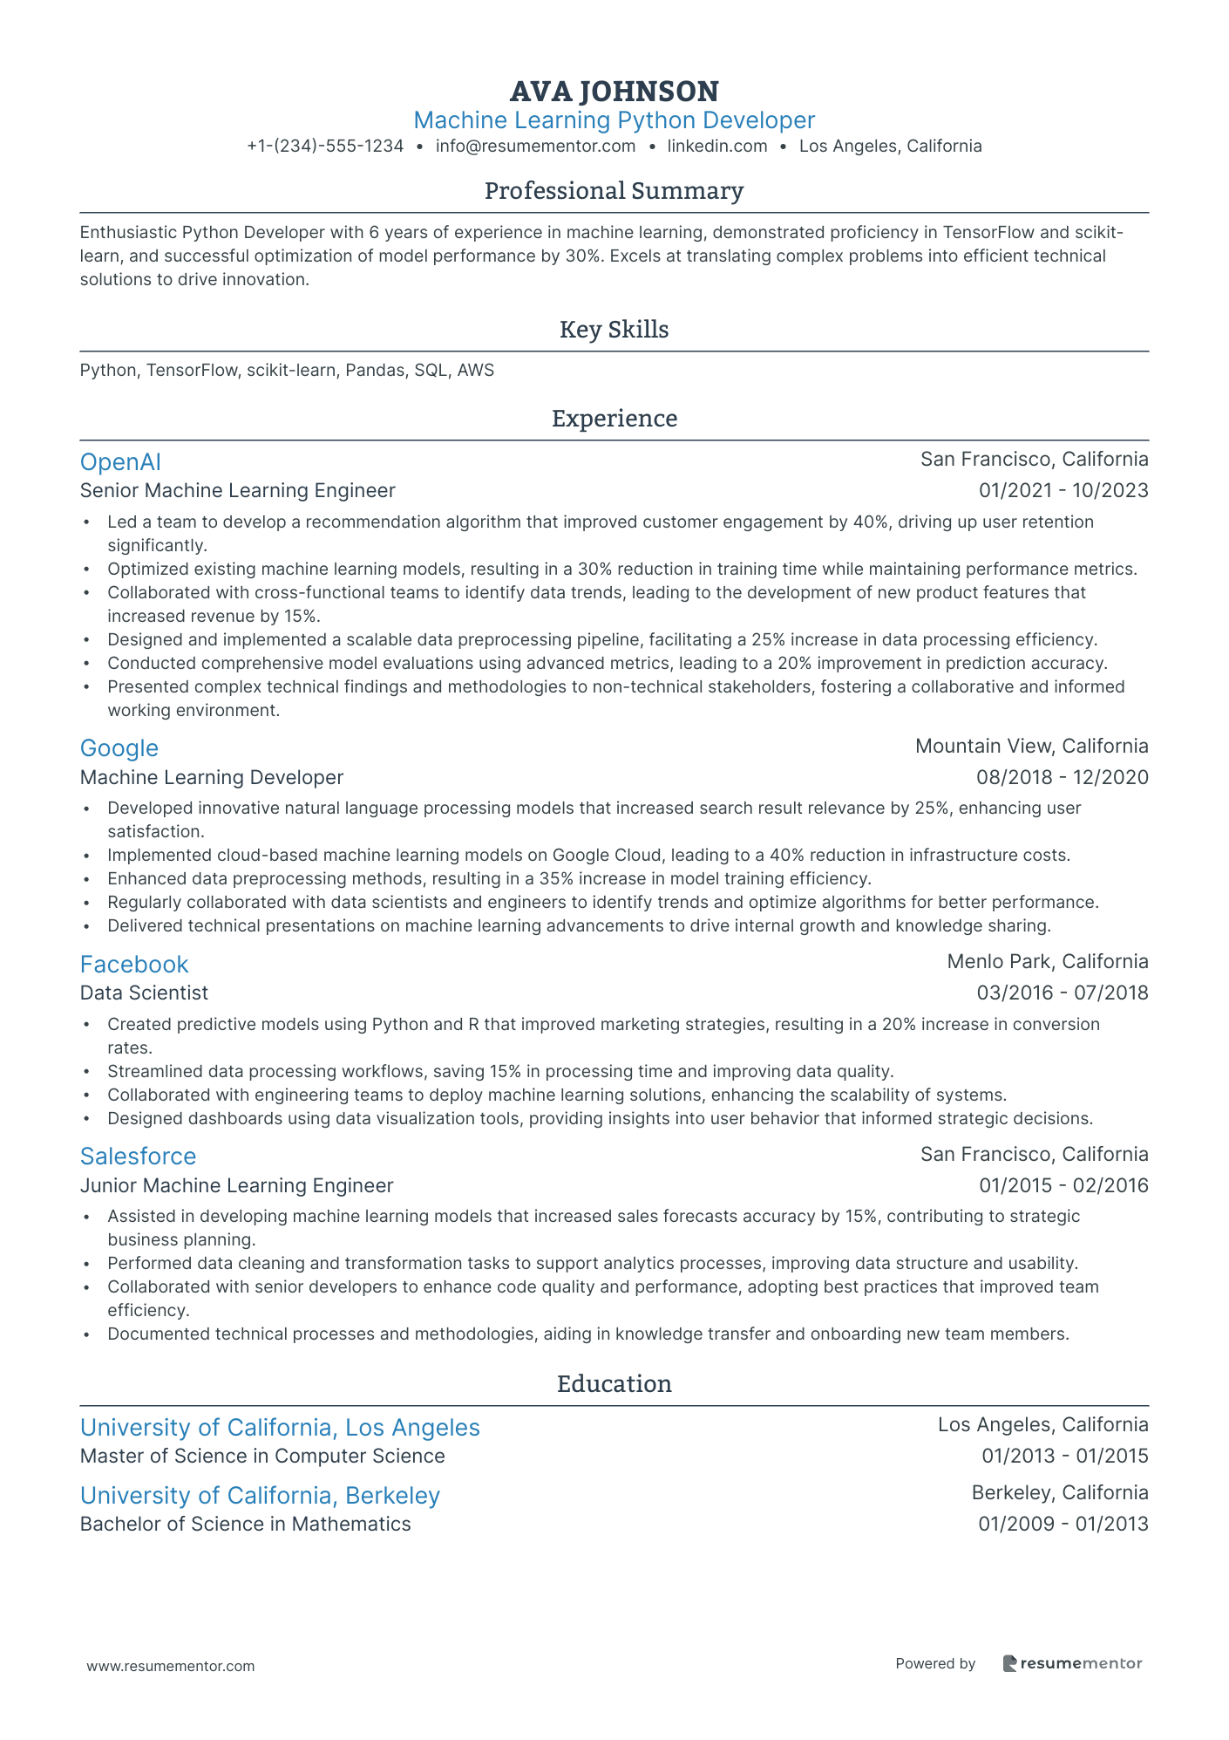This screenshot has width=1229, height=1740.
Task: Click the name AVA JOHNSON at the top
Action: [x=614, y=92]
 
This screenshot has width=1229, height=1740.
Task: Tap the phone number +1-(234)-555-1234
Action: [x=325, y=147]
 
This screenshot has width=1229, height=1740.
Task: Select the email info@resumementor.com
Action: [x=535, y=147]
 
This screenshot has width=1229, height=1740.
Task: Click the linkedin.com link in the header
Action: [x=716, y=147]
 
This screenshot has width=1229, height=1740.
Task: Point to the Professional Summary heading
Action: [x=614, y=191]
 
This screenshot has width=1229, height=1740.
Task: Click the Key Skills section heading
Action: [x=614, y=330]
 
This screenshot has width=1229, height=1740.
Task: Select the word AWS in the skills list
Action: [x=476, y=371]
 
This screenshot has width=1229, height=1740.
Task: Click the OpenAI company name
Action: [x=120, y=462]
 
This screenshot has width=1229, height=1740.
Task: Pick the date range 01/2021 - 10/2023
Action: [x=1063, y=491]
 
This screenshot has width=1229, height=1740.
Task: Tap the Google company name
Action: [x=119, y=748]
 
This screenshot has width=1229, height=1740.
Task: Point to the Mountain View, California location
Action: [x=1031, y=747]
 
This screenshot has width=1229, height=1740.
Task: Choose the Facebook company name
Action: [x=133, y=965]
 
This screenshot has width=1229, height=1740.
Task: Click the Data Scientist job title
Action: [x=144, y=993]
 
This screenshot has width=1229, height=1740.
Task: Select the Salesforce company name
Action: [x=138, y=1157]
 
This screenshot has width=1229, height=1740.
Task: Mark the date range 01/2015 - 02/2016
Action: [x=1063, y=1186]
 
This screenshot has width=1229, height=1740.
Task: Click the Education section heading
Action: [x=614, y=1384]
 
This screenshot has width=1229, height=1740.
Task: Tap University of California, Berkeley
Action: [x=260, y=1496]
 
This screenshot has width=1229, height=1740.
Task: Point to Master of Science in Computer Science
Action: [x=262, y=1457]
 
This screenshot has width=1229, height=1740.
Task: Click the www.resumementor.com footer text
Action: [x=171, y=1666]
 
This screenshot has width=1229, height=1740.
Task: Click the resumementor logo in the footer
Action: [x=1072, y=1663]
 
